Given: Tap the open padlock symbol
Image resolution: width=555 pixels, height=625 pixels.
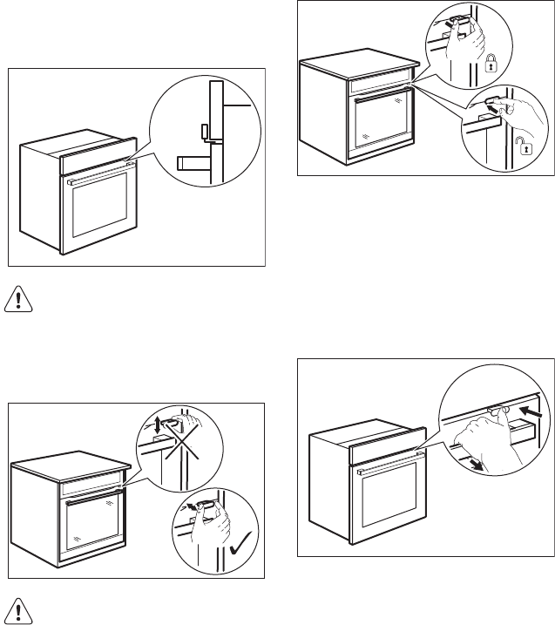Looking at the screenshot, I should point(525,149).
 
